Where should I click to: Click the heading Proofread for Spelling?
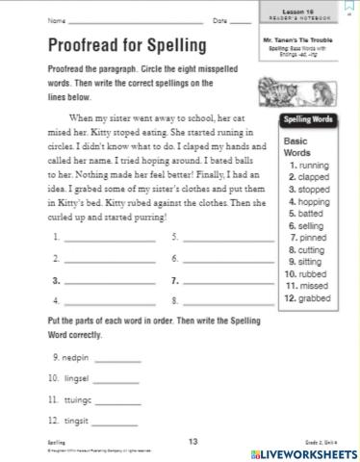coord(126,45)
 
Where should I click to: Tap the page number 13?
coord(193,442)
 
